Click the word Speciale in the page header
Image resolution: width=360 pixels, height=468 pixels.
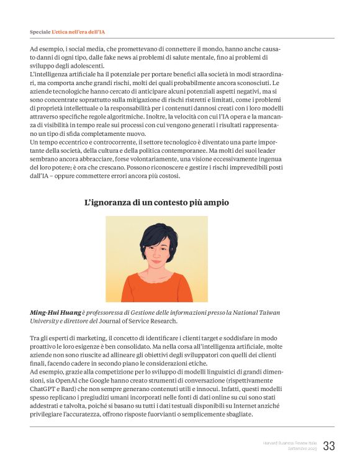[40, 32]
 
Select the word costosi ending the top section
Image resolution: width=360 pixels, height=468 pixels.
[167, 176]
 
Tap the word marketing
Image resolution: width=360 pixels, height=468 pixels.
[95, 337]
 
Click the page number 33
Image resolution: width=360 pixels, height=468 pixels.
[328, 446]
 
